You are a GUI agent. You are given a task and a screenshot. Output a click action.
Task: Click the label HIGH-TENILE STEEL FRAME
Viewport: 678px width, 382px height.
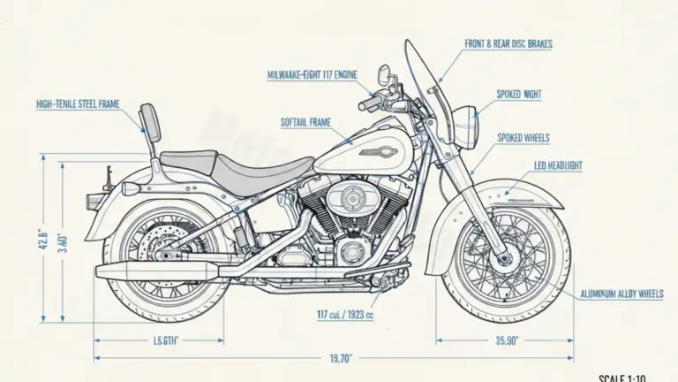click(78, 104)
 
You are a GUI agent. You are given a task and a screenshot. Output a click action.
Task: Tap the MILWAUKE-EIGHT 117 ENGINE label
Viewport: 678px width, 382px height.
click(312, 75)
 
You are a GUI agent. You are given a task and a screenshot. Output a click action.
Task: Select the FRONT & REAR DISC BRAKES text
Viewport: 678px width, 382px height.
click(508, 42)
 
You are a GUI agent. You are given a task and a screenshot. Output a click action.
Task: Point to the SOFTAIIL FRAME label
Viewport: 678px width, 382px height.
click(306, 121)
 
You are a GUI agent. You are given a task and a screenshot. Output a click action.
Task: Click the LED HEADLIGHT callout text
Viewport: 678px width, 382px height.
click(558, 164)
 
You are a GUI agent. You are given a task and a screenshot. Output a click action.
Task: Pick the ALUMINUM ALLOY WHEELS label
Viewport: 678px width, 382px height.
click(628, 294)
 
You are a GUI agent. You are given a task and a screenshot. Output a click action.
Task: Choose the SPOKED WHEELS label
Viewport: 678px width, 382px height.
click(523, 137)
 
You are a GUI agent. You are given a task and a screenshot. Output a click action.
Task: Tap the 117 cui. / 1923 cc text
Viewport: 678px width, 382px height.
click(345, 314)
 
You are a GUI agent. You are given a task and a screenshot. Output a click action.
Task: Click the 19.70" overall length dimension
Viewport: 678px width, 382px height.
click(340, 358)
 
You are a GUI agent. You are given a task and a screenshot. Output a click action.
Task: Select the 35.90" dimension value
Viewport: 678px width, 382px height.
click(507, 340)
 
